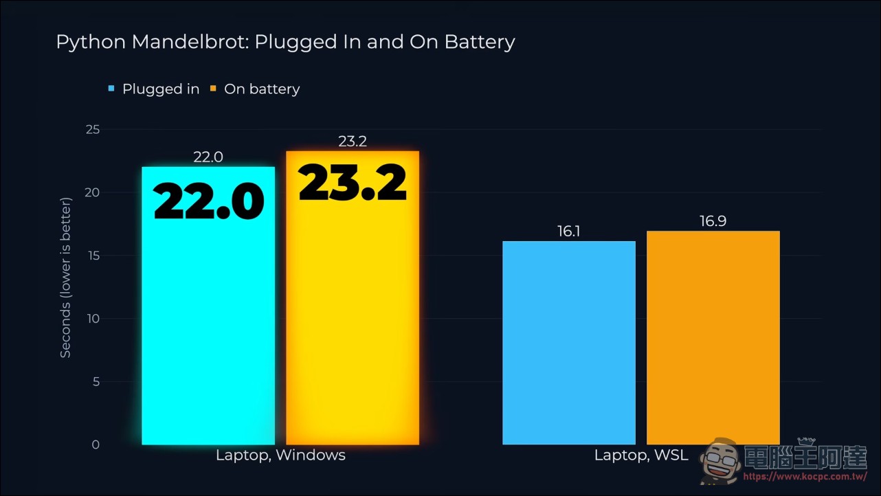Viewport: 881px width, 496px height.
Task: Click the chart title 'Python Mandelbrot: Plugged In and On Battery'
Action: click(286, 43)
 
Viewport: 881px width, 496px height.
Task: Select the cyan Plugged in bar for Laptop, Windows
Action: click(208, 306)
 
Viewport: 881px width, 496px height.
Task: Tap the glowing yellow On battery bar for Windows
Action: click(353, 298)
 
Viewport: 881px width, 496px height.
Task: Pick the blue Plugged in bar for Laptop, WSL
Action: click(569, 343)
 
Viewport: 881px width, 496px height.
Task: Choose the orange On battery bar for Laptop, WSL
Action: click(713, 337)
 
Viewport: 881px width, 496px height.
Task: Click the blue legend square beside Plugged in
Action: click(111, 89)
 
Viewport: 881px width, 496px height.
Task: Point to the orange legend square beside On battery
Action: click(213, 89)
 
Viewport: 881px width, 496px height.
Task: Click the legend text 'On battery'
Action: click(262, 89)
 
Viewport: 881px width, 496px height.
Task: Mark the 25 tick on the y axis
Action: click(93, 129)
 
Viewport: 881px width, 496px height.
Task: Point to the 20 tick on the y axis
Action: click(92, 192)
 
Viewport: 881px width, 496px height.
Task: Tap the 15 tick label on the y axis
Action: click(94, 256)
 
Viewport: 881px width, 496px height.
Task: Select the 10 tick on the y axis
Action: click(93, 319)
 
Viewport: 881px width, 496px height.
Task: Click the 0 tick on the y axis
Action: click(96, 444)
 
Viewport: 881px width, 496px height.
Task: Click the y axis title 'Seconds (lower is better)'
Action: click(65, 278)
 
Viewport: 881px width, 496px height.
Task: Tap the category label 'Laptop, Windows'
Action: click(281, 455)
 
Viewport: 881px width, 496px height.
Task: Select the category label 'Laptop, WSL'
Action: click(641, 455)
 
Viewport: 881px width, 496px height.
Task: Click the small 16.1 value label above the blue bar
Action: click(569, 232)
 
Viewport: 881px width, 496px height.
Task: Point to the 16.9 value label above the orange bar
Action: click(713, 221)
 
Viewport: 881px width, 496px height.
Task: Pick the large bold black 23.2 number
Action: click(353, 182)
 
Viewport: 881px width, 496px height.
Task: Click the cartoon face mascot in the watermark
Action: click(720, 461)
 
